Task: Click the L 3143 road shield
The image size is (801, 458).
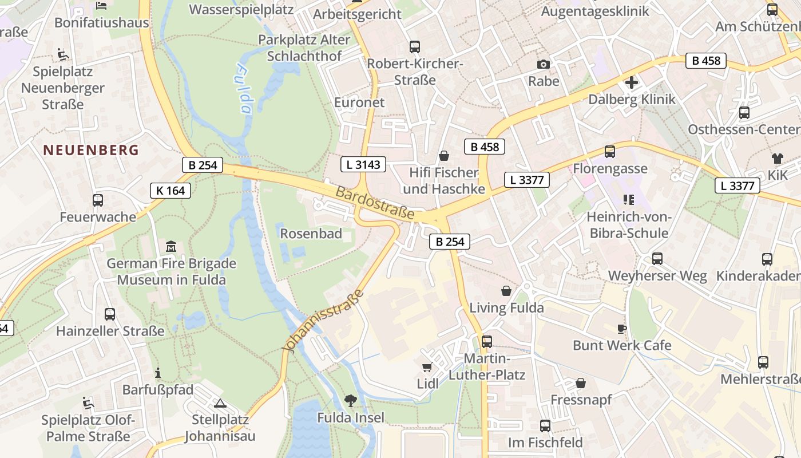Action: coord(363,165)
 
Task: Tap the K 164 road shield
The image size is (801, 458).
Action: coord(170,191)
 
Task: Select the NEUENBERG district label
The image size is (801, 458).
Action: coord(91,150)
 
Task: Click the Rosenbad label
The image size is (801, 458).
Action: coord(311,234)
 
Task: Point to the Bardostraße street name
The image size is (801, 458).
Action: coord(375,203)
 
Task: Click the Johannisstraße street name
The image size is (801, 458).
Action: coord(324,321)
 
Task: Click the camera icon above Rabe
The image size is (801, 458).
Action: coord(543,64)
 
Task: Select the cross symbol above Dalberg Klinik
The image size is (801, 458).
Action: coord(632,82)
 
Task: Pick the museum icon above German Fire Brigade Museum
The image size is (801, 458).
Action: coord(170,247)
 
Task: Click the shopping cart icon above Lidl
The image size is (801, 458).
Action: coord(427,367)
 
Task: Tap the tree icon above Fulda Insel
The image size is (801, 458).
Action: coord(350,400)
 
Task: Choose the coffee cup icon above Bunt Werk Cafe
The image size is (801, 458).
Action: coord(622,329)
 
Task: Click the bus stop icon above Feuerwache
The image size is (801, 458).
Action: coord(98,200)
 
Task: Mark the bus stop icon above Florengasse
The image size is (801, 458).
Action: coord(610,152)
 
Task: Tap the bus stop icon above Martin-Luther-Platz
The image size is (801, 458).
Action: coord(487,341)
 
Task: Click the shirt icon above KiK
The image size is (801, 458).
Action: coord(778,159)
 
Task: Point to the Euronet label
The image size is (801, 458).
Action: coord(359,102)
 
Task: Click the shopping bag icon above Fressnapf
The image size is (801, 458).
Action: coord(581,382)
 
